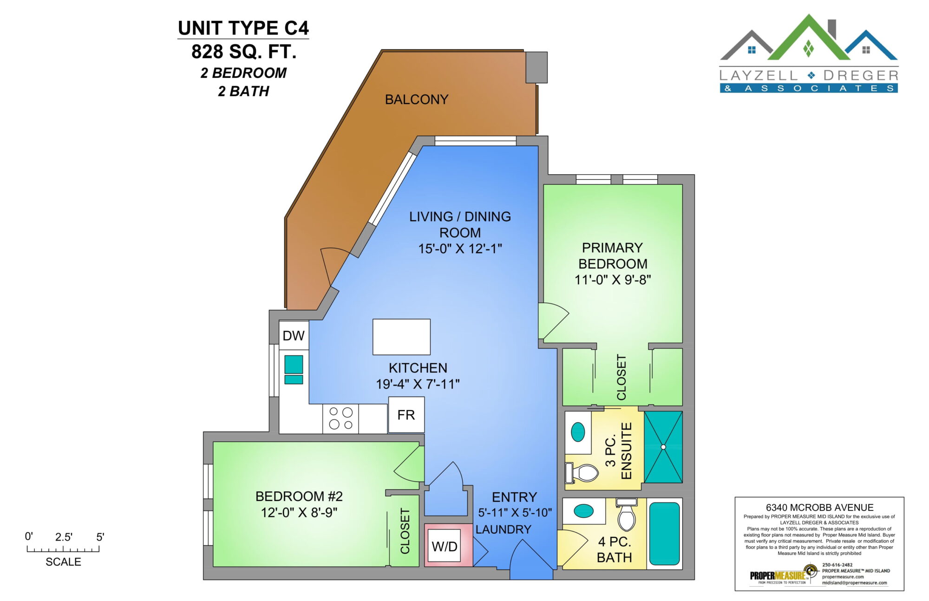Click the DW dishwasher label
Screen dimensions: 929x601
click(x=294, y=336)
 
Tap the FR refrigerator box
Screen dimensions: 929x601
click(x=406, y=415)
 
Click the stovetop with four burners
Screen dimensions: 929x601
click(x=340, y=418)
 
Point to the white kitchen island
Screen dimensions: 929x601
click(x=401, y=337)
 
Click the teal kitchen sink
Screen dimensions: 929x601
click(x=294, y=370)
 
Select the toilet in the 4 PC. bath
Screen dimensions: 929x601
click(x=627, y=515)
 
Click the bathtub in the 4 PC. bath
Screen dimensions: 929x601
click(x=664, y=534)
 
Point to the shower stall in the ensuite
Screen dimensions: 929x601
click(x=663, y=447)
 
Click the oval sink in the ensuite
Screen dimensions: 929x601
click(x=578, y=432)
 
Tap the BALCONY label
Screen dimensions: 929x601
click(x=417, y=99)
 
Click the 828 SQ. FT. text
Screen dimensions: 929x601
click(x=244, y=52)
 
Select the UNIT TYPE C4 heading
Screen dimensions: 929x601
click(x=243, y=28)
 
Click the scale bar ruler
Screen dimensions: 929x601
click(x=63, y=549)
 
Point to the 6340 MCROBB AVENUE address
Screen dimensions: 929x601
click(x=820, y=508)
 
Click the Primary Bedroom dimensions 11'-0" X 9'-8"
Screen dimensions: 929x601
click(x=613, y=280)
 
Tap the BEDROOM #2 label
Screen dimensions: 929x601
click(x=299, y=496)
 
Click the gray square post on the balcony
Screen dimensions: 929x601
click(x=536, y=67)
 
